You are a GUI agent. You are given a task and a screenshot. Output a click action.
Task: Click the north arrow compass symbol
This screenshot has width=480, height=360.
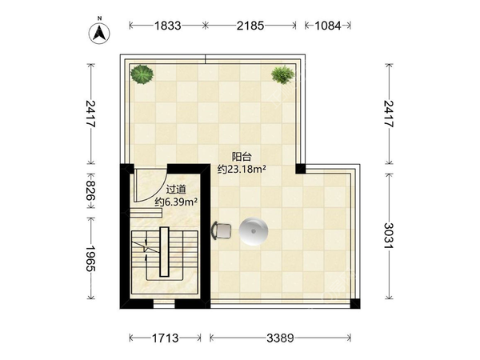[99, 32]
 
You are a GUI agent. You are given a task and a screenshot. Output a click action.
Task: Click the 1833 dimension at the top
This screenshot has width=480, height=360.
[167, 26]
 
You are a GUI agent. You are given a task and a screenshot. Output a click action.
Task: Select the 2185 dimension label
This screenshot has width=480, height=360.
[250, 26]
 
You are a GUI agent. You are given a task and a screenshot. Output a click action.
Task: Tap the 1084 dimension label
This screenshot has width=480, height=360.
[328, 26]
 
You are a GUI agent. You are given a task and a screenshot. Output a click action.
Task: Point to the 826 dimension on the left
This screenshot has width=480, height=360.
[90, 190]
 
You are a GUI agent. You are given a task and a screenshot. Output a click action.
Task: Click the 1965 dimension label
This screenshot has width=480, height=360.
[90, 258]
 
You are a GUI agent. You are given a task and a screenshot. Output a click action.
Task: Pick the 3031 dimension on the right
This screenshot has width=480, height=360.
[389, 236]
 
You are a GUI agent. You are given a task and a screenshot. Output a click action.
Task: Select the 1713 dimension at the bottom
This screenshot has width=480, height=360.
[166, 338]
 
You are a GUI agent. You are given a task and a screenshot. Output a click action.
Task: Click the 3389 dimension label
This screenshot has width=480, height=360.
[280, 338]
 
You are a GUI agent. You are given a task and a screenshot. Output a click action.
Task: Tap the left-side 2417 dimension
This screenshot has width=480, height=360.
[90, 114]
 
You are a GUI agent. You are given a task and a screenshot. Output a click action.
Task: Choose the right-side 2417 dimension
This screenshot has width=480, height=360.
[389, 114]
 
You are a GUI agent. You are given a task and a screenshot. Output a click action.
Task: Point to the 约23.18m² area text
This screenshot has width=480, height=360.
[242, 169]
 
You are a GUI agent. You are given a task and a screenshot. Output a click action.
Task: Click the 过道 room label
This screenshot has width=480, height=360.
[176, 190]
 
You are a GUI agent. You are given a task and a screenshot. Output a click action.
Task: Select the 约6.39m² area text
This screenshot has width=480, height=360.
[176, 202]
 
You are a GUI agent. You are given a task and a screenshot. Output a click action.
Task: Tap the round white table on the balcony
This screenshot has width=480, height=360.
[254, 231]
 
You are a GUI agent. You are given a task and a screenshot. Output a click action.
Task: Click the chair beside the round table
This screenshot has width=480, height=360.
[221, 230]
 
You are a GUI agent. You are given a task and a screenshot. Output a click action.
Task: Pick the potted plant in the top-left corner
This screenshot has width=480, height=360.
[142, 74]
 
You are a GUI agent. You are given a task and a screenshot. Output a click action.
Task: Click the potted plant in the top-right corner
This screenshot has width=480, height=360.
[282, 74]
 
